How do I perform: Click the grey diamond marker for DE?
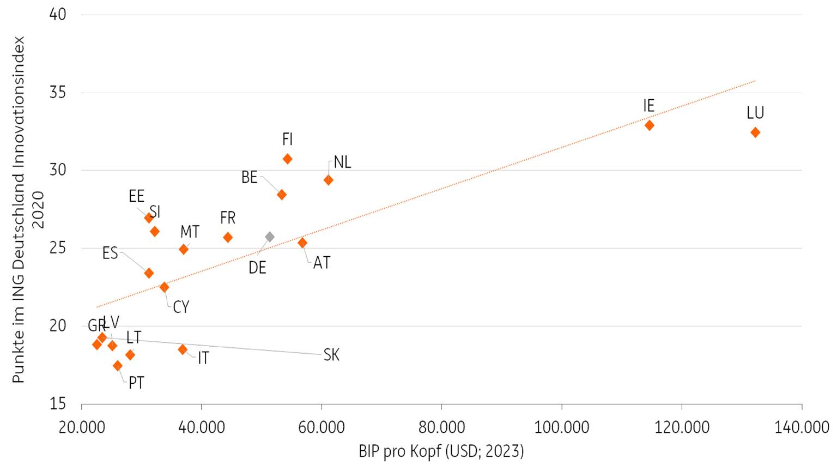point(270,237)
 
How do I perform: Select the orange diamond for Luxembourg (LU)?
point(755,132)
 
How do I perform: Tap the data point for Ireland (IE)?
point(649,125)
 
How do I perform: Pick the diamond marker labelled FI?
point(288,159)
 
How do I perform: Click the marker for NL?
point(328,180)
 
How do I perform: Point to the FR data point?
point(228,237)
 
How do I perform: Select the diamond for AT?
point(302,243)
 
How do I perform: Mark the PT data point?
point(118,366)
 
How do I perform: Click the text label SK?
point(331,355)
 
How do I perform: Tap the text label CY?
point(181,307)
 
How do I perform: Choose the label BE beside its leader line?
point(249,177)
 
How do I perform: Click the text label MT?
point(190,232)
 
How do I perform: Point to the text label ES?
point(110,253)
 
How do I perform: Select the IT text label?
point(203,358)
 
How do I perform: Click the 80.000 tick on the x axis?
point(441,427)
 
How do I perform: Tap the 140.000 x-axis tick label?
point(802,427)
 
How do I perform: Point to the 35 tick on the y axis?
point(57,92)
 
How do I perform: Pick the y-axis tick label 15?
point(57,404)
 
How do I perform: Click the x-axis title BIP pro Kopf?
point(441,451)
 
